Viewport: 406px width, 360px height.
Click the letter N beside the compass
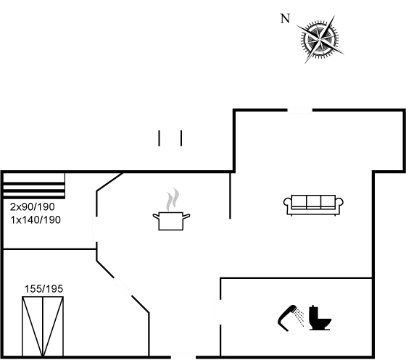click(x=285, y=19)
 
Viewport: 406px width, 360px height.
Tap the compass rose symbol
click(x=320, y=39)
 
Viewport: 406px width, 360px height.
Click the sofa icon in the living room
click(x=313, y=205)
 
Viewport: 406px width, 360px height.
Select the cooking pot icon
click(x=171, y=221)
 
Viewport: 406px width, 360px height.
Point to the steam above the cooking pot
click(x=173, y=199)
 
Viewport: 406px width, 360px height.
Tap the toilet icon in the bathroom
click(x=320, y=318)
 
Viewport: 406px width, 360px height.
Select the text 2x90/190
click(x=33, y=206)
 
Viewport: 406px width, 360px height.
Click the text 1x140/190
click(x=36, y=219)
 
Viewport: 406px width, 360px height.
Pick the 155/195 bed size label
click(x=43, y=289)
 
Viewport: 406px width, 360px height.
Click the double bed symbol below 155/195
click(x=43, y=327)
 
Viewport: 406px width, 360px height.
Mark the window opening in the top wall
click(x=300, y=110)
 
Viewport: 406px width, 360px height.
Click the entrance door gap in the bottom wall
click(x=183, y=357)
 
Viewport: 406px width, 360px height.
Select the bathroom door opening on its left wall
click(x=220, y=312)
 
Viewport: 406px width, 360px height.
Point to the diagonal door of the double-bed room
click(x=122, y=288)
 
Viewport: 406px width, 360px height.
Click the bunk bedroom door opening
click(x=96, y=229)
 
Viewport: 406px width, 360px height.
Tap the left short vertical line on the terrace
click(x=159, y=138)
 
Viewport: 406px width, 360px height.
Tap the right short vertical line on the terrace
click(x=181, y=138)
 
